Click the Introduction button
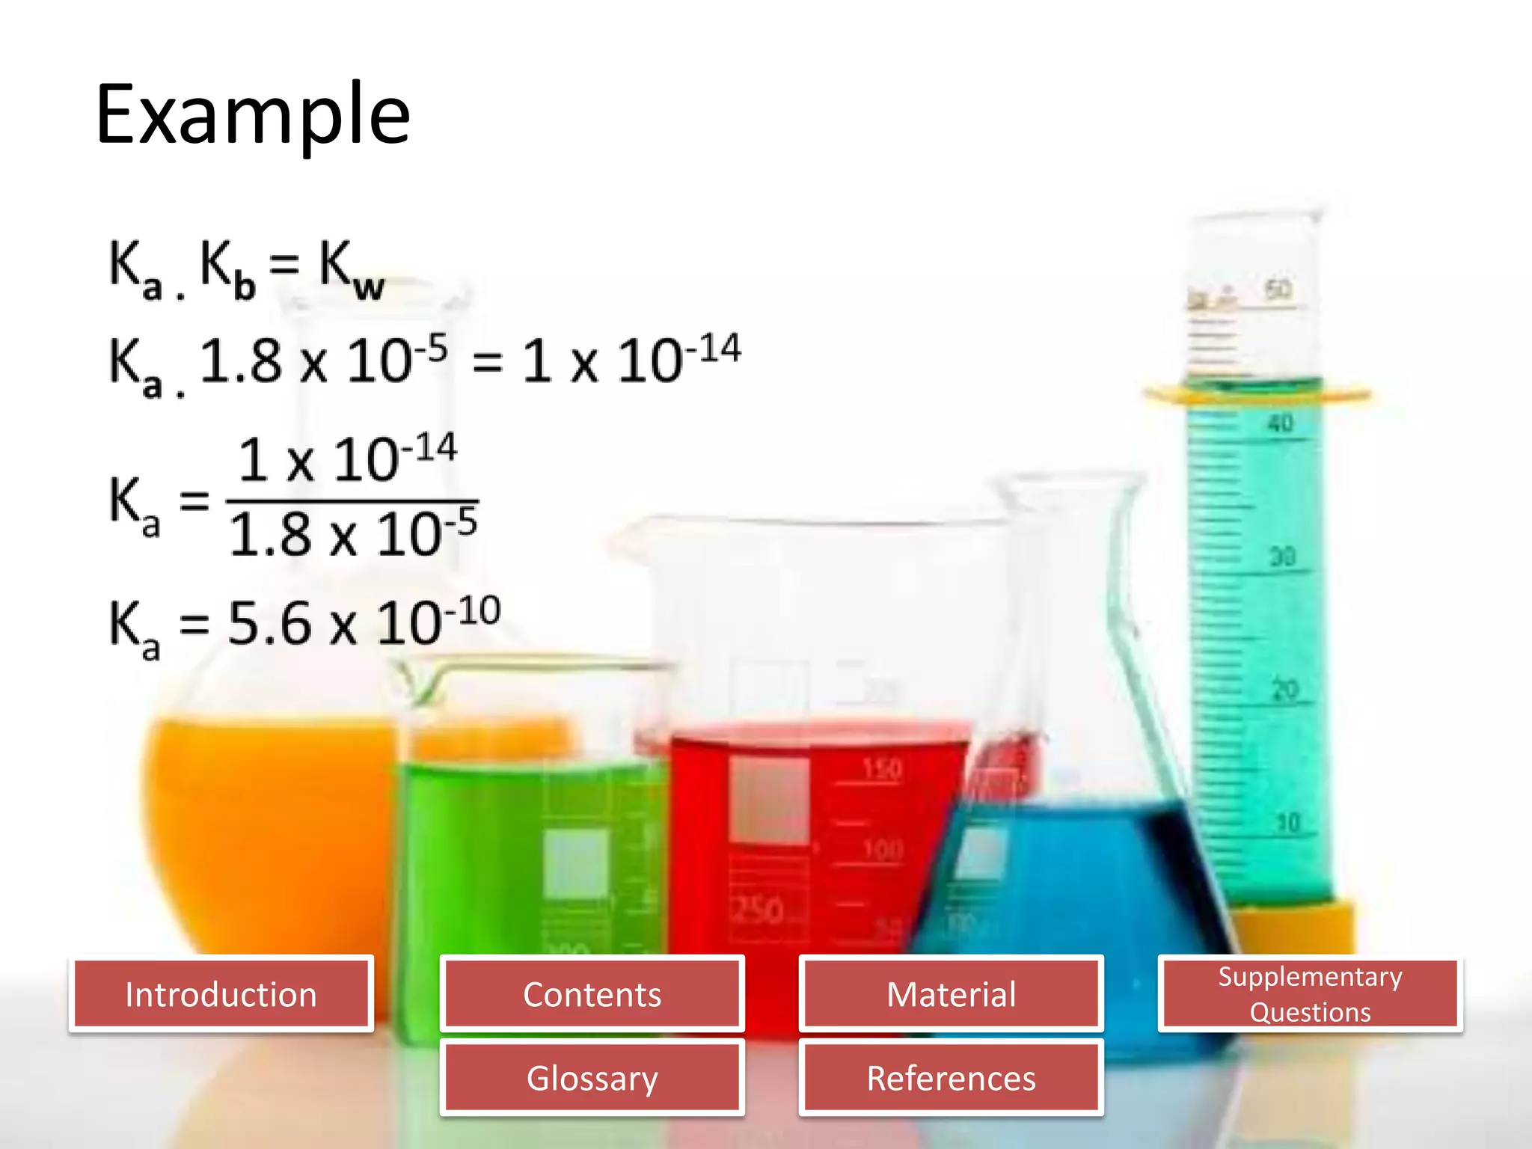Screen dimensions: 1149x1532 tap(221, 994)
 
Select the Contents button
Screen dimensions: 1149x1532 tap(592, 994)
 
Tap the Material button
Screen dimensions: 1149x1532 tap(951, 994)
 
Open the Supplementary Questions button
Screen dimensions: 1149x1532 tap(1310, 994)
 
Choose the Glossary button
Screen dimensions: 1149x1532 tap(592, 1078)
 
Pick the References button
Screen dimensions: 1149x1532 tap(951, 1078)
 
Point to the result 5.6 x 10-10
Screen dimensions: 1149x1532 tap(364, 622)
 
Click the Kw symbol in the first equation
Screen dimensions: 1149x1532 tap(351, 269)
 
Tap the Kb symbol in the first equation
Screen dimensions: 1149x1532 tap(227, 269)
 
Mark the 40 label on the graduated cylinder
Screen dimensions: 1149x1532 tap(1280, 423)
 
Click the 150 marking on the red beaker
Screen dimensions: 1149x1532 tap(883, 769)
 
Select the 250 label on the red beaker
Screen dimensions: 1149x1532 tap(757, 910)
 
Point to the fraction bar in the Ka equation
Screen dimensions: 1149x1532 tap(352, 500)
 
